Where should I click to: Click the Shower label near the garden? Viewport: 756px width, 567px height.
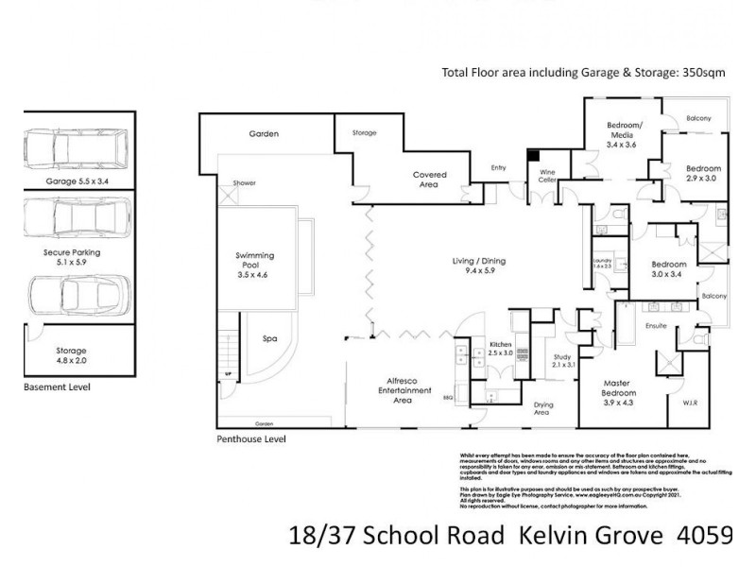[245, 182]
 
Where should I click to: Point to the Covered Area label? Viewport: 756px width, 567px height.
[429, 180]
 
